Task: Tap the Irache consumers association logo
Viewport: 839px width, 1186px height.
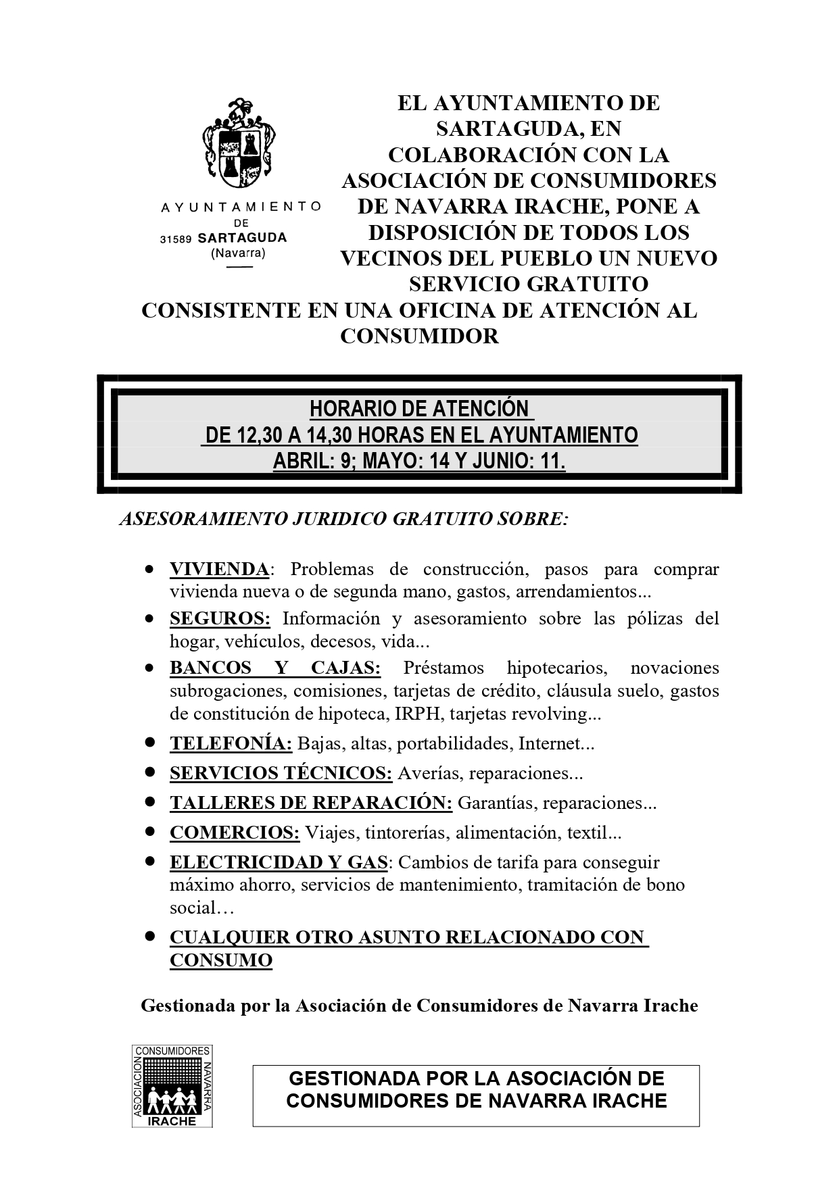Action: click(172, 1086)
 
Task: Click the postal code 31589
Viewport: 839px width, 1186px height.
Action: click(176, 239)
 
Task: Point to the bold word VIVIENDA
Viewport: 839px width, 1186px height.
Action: click(219, 569)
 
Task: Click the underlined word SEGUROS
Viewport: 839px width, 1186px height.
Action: click(220, 618)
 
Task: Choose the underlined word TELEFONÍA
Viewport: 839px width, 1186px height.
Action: click(231, 743)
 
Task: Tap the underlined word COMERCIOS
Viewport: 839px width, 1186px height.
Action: click(234, 833)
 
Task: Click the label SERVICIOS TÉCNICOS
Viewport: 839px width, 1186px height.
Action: click(281, 773)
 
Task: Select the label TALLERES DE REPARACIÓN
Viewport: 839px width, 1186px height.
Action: click(310, 803)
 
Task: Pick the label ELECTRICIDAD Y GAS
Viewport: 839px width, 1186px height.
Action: click(279, 862)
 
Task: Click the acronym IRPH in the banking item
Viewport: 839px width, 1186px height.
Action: click(423, 714)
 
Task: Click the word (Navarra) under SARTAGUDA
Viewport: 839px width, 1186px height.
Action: click(238, 253)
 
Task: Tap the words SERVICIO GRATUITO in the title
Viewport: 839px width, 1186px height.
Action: click(528, 284)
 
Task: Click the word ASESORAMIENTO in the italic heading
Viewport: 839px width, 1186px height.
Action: click(202, 519)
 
